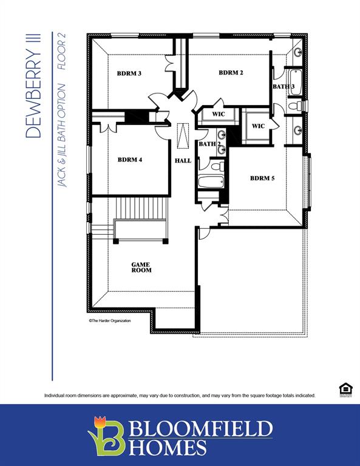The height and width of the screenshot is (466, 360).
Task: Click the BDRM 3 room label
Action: click(129, 73)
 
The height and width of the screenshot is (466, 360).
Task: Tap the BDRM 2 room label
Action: click(231, 73)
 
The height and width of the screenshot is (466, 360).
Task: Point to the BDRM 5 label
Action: click(262, 178)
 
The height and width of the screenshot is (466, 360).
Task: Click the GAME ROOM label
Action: click(141, 267)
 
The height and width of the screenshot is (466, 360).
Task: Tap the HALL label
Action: click(183, 161)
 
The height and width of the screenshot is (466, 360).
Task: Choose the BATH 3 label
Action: click(284, 87)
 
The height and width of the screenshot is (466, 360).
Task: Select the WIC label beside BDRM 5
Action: click(258, 126)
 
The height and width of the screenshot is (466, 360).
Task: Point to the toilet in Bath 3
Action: click(294, 106)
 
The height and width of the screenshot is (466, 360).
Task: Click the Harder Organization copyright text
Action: click(110, 320)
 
